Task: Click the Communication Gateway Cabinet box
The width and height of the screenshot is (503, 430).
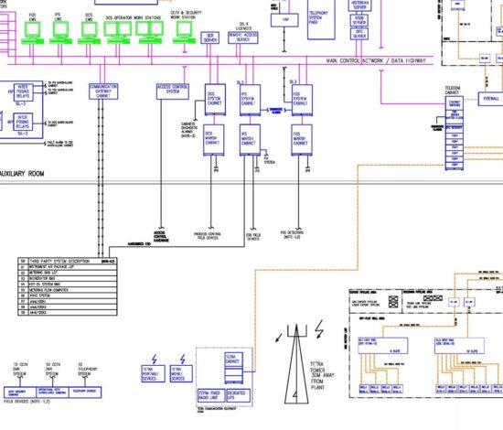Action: [x=104, y=91]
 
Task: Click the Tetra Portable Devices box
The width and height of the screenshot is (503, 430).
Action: [x=153, y=373]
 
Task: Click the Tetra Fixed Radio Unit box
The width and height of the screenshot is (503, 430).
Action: [x=209, y=394]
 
